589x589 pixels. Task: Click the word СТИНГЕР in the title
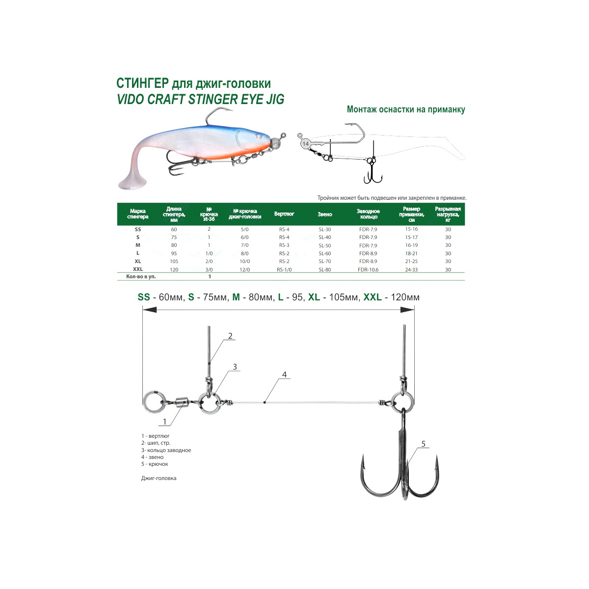[142, 83]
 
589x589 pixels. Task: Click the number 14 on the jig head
[305, 144]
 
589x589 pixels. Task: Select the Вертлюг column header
[284, 214]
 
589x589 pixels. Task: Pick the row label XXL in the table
[138, 269]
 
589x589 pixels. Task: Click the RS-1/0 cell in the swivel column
[284, 269]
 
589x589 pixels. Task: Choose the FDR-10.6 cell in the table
[368, 269]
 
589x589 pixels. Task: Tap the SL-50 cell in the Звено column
[325, 245]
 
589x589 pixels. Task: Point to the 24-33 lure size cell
[411, 269]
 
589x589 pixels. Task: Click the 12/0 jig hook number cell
[245, 269]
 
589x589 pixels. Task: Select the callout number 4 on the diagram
[285, 375]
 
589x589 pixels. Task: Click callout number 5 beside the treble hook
[423, 444]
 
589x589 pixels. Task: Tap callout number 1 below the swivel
[165, 422]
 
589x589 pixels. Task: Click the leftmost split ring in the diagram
[155, 402]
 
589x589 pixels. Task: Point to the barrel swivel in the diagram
[183, 403]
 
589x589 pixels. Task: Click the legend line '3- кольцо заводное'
[166, 450]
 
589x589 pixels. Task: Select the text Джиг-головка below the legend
[159, 478]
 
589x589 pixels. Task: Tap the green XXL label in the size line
[372, 297]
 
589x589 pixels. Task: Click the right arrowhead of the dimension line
[407, 310]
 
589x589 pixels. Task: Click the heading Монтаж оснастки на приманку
[406, 109]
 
